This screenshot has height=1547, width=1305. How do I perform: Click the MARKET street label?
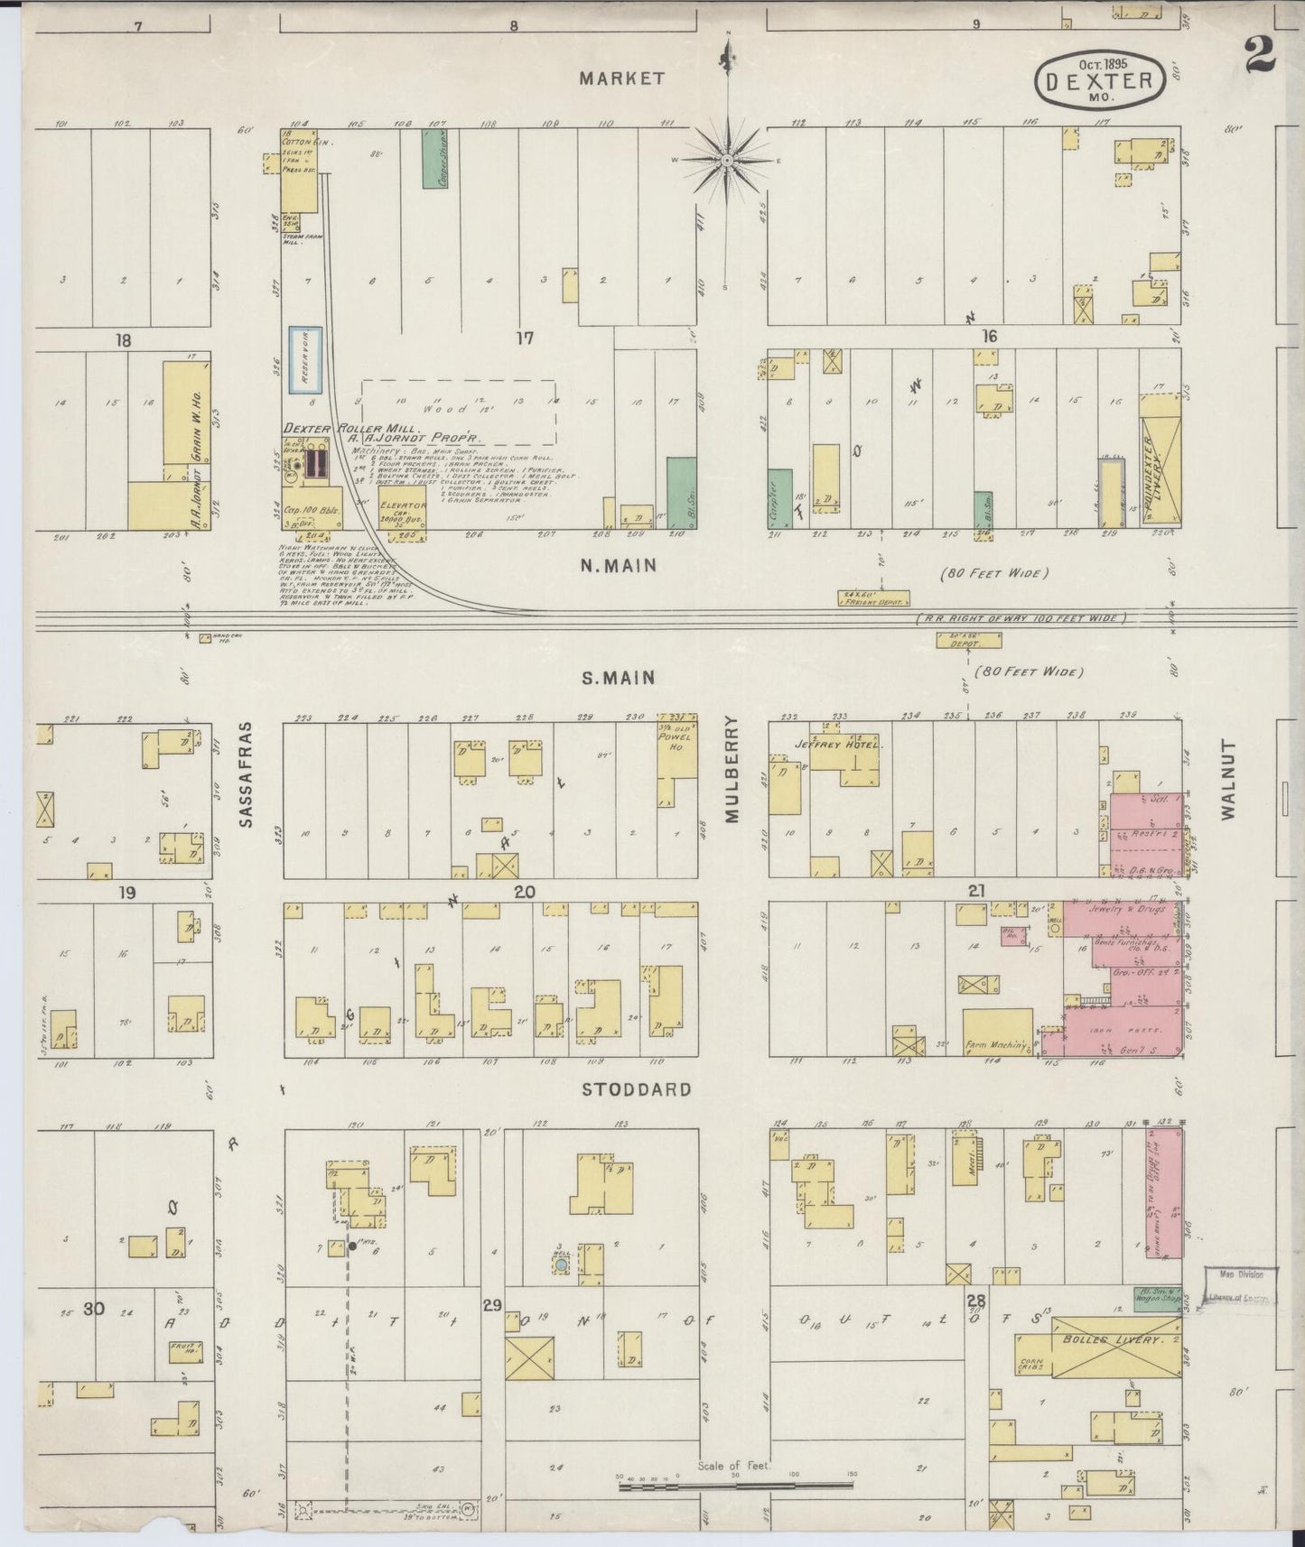(x=621, y=79)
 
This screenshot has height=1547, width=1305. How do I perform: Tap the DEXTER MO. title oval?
(x=1098, y=81)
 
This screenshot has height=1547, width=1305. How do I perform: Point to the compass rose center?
(x=726, y=161)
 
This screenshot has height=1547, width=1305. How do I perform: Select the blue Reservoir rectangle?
(x=298, y=360)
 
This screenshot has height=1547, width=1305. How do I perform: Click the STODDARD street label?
(x=636, y=1089)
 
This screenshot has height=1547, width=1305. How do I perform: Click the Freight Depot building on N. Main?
(x=872, y=597)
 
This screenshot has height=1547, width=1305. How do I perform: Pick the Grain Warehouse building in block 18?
(x=187, y=422)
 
